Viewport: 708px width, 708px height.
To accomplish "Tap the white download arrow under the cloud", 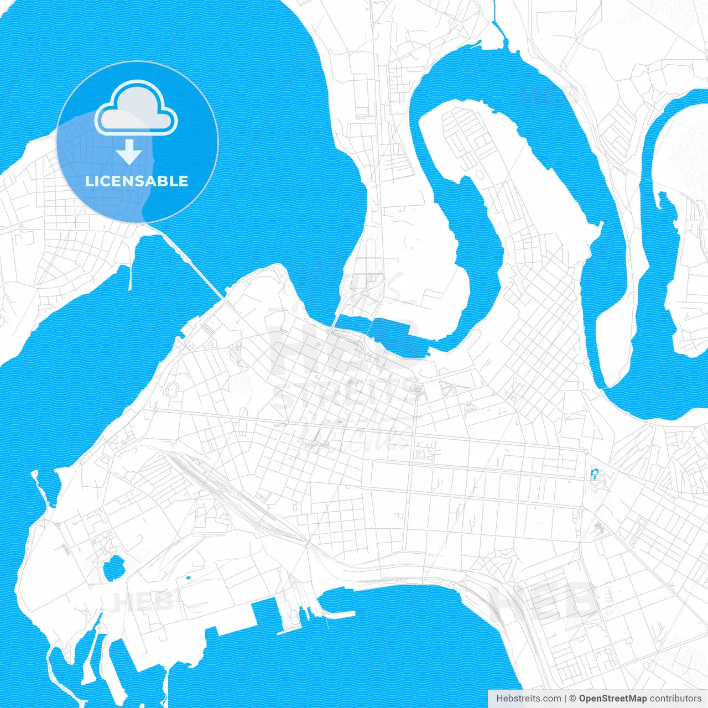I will click(x=129, y=152).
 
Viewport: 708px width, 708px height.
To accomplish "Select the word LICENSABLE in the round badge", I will click(x=137, y=181).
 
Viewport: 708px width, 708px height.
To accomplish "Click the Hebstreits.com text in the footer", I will click(x=528, y=699).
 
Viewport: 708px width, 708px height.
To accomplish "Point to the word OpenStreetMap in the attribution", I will click(x=612, y=699).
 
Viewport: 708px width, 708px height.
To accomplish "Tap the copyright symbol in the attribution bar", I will click(x=572, y=699).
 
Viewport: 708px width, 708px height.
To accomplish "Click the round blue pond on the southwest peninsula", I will click(x=113, y=568).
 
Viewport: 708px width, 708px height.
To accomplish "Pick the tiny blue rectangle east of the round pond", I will click(x=188, y=578).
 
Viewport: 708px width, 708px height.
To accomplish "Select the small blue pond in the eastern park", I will click(x=595, y=474).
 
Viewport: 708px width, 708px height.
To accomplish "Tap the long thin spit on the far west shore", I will click(x=38, y=487).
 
